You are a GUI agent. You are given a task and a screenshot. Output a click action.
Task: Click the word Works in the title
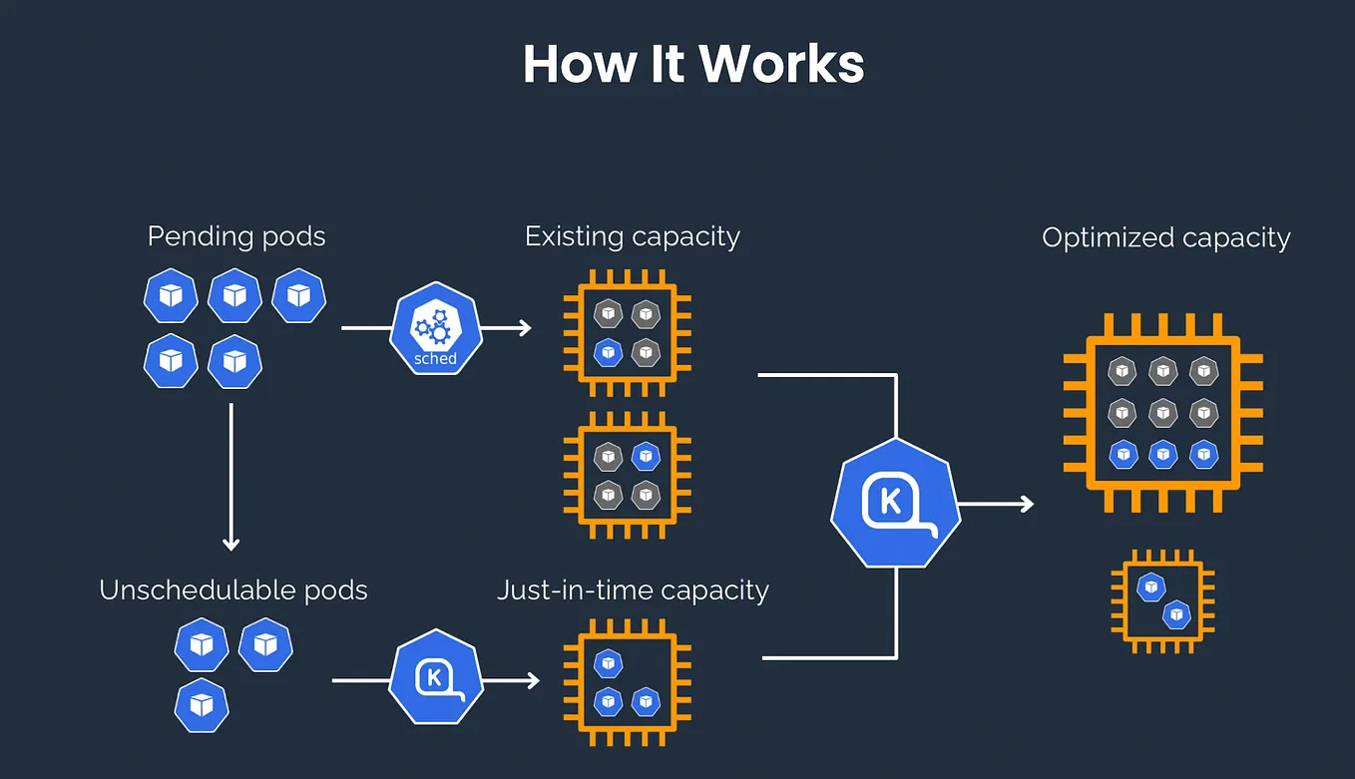pyautogui.click(x=780, y=64)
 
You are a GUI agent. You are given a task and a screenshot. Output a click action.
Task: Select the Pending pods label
pyautogui.click(x=236, y=236)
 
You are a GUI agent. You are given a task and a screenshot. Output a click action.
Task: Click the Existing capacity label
pyautogui.click(x=633, y=236)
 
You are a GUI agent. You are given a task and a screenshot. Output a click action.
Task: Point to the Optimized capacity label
pyautogui.click(x=1165, y=237)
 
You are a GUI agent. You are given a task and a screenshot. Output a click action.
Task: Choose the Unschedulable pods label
pyautogui.click(x=233, y=589)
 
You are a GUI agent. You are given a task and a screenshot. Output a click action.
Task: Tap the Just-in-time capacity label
pyautogui.click(x=633, y=589)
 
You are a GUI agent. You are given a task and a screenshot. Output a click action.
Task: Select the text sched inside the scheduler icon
pyautogui.click(x=435, y=358)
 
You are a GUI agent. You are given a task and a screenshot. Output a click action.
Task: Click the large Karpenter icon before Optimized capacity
pyautogui.click(x=894, y=502)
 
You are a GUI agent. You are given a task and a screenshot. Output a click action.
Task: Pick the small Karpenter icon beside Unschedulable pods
pyautogui.click(x=435, y=677)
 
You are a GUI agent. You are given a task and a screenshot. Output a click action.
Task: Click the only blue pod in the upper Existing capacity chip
pyautogui.click(x=608, y=351)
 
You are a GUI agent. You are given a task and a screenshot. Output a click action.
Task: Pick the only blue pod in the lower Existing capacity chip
pyautogui.click(x=646, y=457)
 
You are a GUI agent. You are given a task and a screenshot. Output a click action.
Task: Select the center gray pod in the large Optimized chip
pyautogui.click(x=1162, y=411)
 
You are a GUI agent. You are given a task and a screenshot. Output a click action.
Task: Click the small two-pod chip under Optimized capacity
pyautogui.click(x=1163, y=600)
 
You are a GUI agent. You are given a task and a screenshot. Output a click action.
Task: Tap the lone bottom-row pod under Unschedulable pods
pyautogui.click(x=202, y=705)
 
